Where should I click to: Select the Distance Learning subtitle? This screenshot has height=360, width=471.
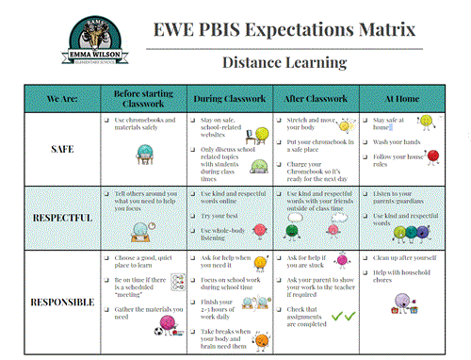point(284,62)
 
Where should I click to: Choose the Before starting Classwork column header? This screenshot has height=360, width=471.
point(145,97)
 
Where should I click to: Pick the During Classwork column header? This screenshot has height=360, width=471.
point(232,97)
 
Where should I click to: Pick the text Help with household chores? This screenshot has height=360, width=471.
point(407,278)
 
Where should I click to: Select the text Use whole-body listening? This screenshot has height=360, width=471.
point(230,235)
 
